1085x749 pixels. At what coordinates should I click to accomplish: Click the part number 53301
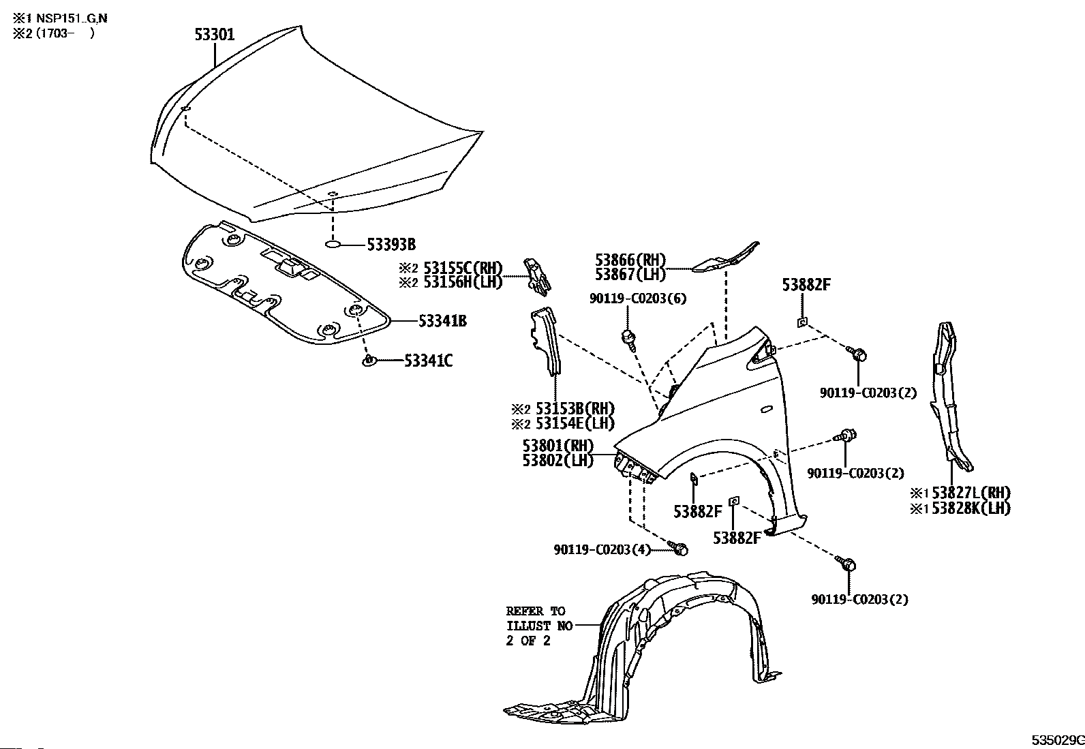point(214,34)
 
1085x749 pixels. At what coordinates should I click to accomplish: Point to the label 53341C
point(428,361)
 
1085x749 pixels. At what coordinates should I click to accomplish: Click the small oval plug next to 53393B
point(332,243)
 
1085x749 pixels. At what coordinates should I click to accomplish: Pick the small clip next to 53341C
point(369,360)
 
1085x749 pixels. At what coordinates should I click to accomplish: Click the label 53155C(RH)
point(463,267)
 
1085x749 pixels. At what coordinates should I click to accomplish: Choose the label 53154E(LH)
point(575,423)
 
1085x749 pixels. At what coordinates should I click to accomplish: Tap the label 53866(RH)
point(630,260)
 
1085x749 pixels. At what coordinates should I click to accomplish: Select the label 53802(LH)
point(557,460)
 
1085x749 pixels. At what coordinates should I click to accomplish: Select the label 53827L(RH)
point(970,493)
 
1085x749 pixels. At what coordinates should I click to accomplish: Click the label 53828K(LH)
point(970,508)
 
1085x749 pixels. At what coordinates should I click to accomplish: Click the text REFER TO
point(535,611)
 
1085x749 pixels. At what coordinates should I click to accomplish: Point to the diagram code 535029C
point(1056,740)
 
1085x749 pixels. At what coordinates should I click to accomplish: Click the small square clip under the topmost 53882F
point(803,322)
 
